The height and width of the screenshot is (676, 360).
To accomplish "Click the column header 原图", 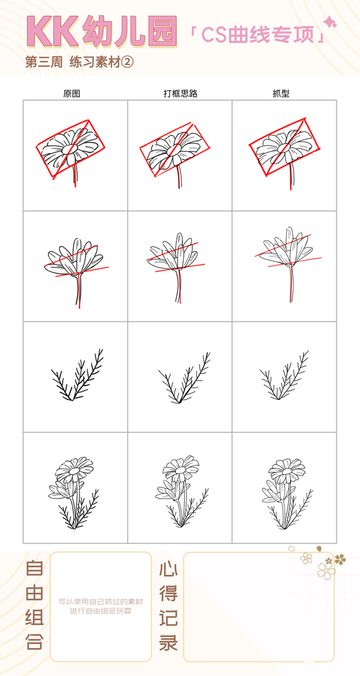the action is coord(71,94).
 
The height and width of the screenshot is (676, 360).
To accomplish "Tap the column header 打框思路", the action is coord(180,94).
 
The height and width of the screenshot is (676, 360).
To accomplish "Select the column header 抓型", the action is coord(281,94).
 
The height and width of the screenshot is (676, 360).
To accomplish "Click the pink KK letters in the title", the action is coord(52,31).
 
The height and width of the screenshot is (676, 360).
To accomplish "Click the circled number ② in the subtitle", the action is coord(128,63).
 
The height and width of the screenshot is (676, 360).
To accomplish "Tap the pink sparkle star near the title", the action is coord(330,22).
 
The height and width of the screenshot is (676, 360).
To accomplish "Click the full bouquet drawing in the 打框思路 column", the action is coord(182,491).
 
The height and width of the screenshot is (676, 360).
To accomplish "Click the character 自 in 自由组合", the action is coord(35,569).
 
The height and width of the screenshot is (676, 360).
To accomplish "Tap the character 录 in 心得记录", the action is coord(168,641).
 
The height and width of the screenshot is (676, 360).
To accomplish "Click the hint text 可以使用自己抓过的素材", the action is coord(101,601).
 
